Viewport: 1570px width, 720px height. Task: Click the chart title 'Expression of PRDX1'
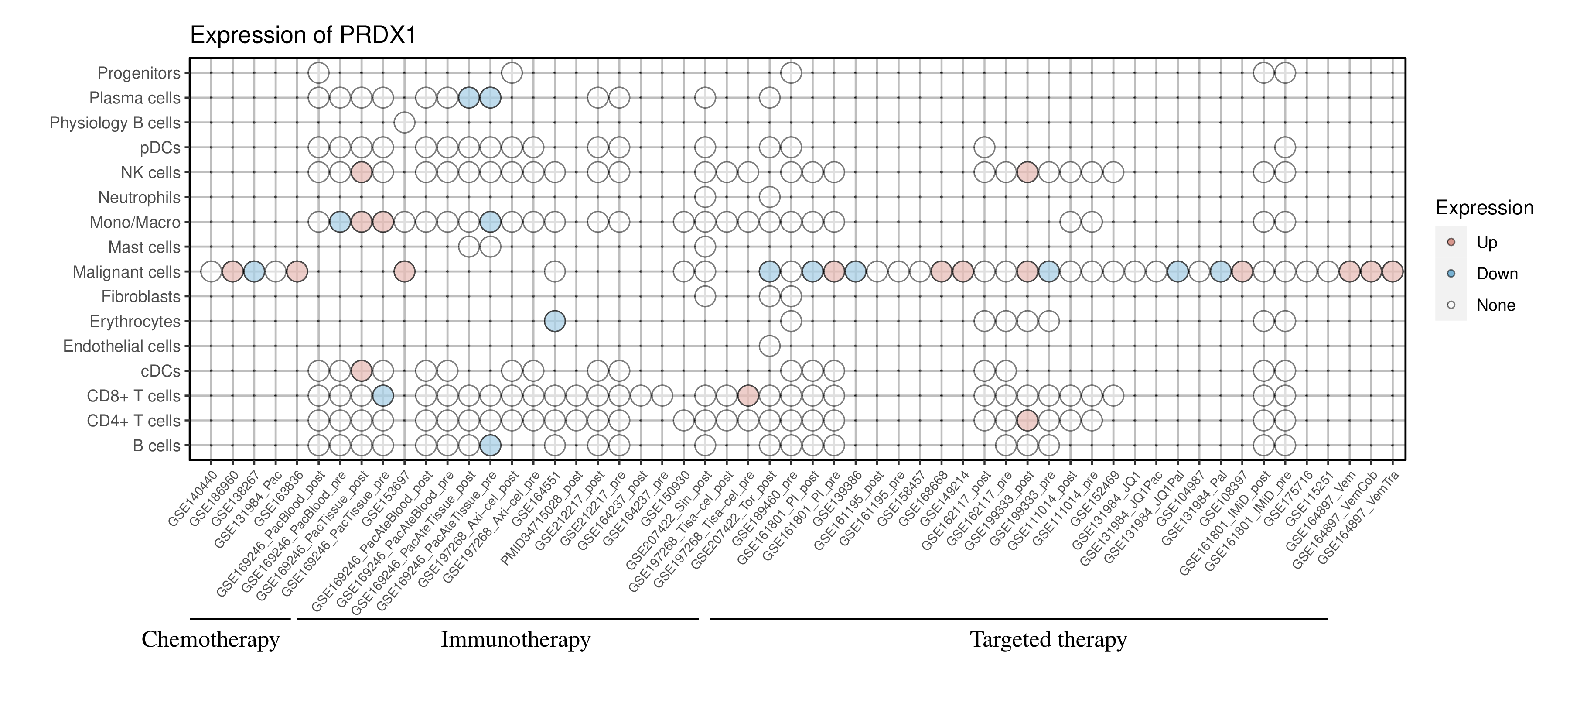[x=303, y=35]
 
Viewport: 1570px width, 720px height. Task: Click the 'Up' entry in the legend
[x=1487, y=243]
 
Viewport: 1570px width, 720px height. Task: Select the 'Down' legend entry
[x=1496, y=274]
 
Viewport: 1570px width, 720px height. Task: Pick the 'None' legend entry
[x=1495, y=305]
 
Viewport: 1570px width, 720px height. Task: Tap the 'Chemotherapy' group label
[x=210, y=640]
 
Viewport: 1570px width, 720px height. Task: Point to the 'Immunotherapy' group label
[x=515, y=640]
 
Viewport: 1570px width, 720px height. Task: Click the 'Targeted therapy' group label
[x=1048, y=640]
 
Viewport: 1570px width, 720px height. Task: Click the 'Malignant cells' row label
[x=127, y=272]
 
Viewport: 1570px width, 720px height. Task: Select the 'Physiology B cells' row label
[x=115, y=123]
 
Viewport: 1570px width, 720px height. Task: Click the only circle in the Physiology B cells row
[x=405, y=123]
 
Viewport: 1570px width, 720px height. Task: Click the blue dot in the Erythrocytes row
[x=555, y=321]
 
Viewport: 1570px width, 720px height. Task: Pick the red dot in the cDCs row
[x=362, y=370]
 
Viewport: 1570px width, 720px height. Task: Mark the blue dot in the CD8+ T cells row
[x=383, y=396]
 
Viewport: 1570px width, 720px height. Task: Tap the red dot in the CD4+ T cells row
[x=1027, y=421]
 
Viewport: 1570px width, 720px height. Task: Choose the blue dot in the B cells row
[x=490, y=446]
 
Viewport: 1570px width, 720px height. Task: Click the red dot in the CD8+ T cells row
[x=748, y=396]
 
